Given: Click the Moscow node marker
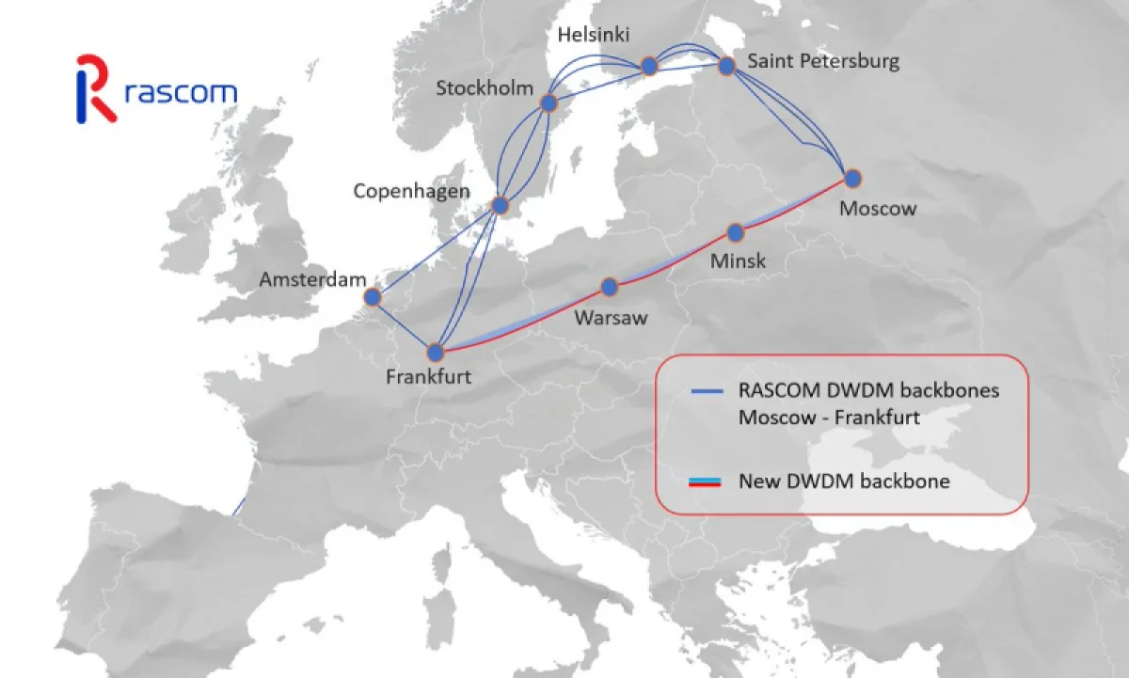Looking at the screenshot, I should (852, 177).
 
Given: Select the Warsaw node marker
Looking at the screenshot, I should (610, 286).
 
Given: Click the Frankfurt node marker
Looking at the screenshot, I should (435, 353).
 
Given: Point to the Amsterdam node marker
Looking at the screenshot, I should (372, 297).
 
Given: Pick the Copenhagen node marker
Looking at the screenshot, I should (501, 205).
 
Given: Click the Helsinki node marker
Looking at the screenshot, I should (648, 66).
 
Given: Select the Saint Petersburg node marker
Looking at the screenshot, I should (726, 66).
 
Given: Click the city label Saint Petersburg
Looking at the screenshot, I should (823, 62).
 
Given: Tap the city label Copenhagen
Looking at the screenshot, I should (411, 192).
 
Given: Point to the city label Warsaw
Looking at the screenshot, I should (611, 318).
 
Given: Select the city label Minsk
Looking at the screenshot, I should (738, 260).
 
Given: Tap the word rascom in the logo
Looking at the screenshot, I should (180, 93).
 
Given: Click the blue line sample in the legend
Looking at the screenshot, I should (707, 390).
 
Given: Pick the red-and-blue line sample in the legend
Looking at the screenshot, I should (706, 481).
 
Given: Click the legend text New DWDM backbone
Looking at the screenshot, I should (844, 481).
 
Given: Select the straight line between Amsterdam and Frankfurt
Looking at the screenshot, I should (403, 324).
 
